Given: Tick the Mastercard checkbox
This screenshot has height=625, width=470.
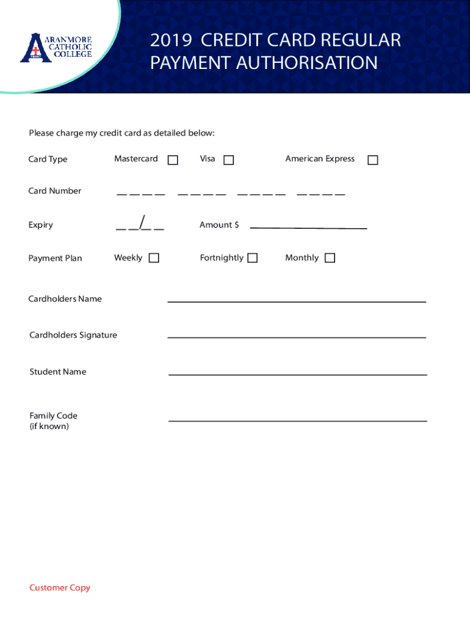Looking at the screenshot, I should [x=173, y=160].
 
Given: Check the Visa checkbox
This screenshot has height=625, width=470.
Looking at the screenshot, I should [x=228, y=160].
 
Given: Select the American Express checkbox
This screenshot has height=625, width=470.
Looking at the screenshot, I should [x=373, y=160].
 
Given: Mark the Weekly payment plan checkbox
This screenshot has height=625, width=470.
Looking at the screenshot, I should [x=154, y=258].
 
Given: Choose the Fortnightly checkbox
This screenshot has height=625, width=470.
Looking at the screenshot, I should [x=252, y=258].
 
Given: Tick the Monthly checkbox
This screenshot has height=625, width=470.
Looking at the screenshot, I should [x=330, y=258].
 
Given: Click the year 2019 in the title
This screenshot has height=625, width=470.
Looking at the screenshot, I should [x=171, y=41].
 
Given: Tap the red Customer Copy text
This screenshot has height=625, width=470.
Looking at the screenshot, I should [x=60, y=588].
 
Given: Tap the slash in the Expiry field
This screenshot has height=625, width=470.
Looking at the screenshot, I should [x=142, y=223].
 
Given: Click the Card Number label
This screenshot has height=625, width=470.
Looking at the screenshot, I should [x=54, y=191].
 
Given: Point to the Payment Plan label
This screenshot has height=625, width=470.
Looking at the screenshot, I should [x=55, y=258].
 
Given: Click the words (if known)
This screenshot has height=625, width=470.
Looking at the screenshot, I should [x=49, y=427].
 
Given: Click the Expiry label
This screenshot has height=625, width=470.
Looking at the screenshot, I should [x=40, y=225].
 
